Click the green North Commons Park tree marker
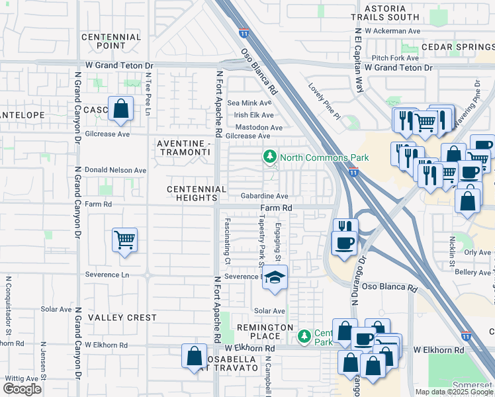[269, 157]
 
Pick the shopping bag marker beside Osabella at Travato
[194, 356]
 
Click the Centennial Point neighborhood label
[111, 42]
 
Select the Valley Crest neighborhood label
[122, 318]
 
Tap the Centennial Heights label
[197, 194]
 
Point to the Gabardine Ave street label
[264, 197]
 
